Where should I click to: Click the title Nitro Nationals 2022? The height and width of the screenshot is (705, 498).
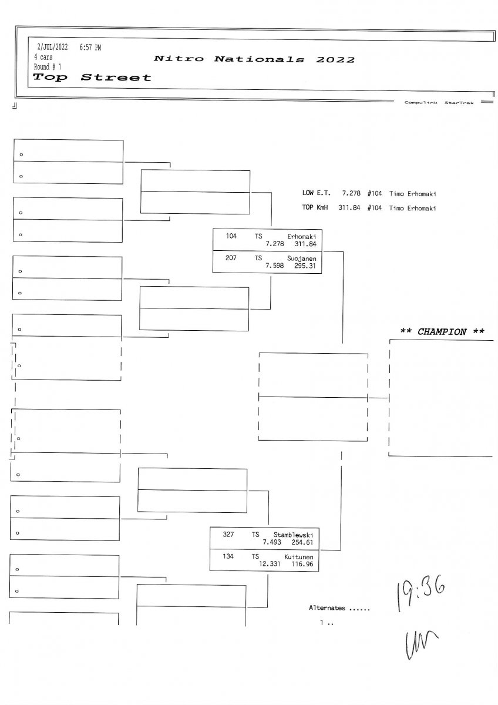254,59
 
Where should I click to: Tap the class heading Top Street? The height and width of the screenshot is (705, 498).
92,77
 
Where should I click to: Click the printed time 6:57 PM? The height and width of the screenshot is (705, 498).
90,47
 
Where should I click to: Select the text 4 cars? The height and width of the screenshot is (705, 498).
43,57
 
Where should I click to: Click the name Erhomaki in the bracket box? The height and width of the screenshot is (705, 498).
302,236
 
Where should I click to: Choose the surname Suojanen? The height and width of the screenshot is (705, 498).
302,258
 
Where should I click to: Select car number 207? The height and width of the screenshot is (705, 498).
231,258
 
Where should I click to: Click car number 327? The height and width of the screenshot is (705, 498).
228,535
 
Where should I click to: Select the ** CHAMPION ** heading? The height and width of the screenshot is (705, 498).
442,332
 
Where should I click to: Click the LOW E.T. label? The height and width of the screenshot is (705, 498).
317,193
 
